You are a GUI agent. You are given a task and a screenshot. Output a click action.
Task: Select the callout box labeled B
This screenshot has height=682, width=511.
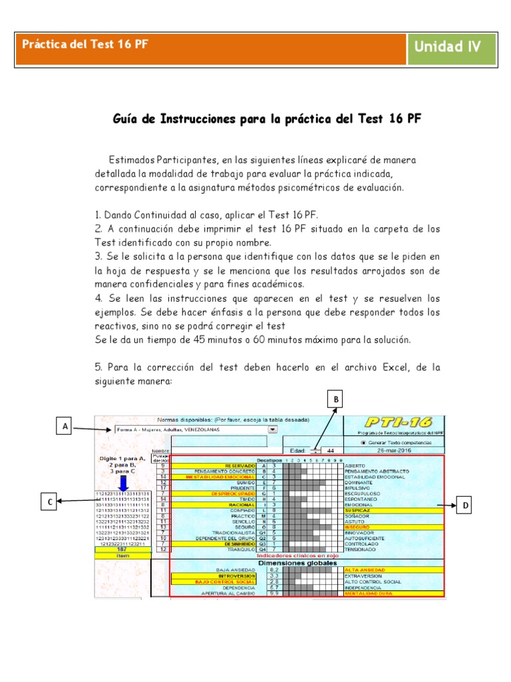pos(337,399)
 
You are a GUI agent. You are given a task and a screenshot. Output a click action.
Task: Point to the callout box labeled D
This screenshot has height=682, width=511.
pos(466,506)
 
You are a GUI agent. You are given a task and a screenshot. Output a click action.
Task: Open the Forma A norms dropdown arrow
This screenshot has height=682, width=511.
pos(272,430)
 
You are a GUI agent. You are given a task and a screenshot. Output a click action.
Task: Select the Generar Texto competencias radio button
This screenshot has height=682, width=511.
pos(363,442)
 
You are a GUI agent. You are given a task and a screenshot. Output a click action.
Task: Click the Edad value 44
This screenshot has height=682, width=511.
pos(331,450)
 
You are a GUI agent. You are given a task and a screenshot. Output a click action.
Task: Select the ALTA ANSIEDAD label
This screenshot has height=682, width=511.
pos(363,569)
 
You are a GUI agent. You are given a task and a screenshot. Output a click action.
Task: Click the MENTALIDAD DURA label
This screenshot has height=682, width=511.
pos(366,593)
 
